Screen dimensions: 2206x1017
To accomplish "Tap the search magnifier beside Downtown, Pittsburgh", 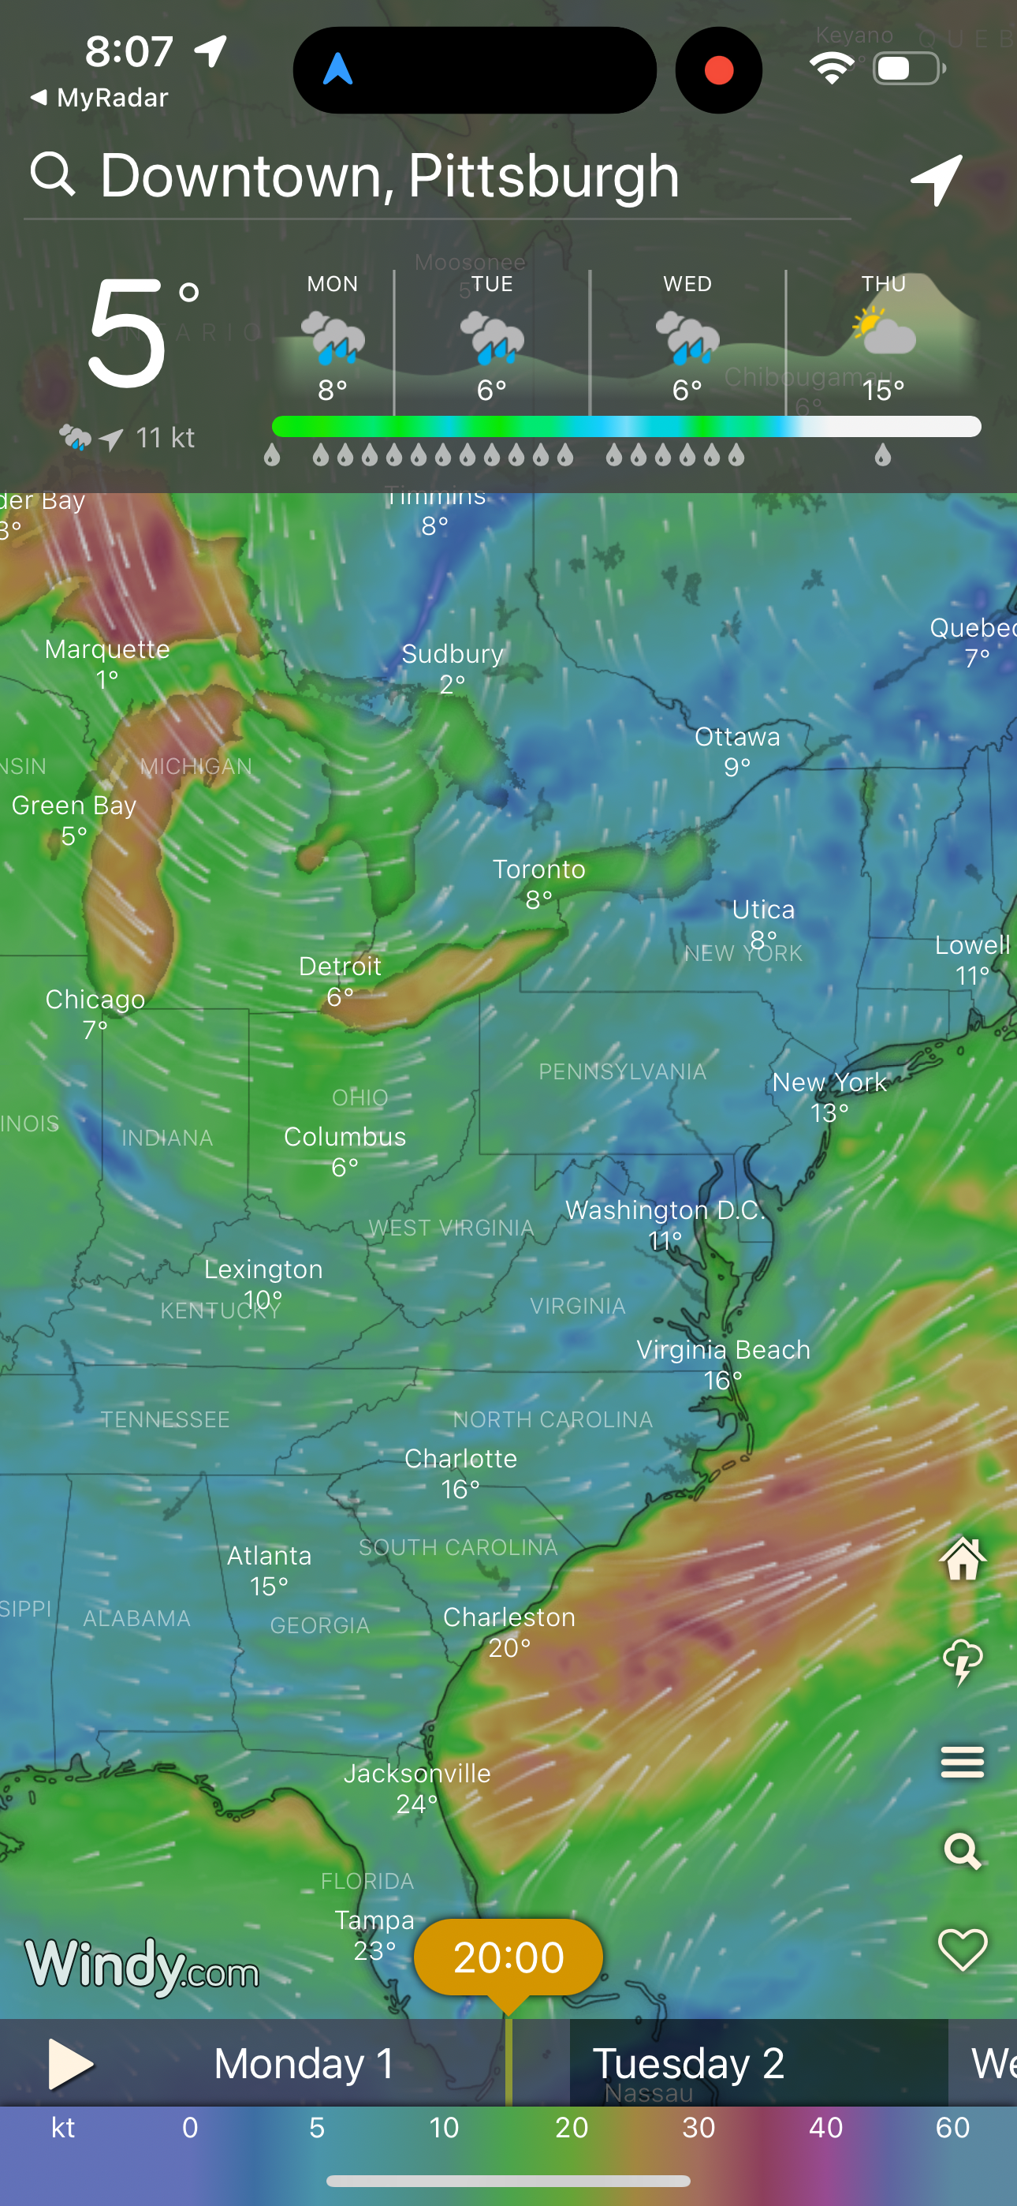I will [53, 174].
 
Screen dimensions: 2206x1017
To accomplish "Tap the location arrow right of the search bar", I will [937, 180].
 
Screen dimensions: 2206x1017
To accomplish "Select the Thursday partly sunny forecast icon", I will [884, 333].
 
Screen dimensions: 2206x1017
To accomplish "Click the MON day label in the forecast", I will [332, 284].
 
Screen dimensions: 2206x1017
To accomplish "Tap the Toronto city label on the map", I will [538, 870].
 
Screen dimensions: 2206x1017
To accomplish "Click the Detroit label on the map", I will [340, 967].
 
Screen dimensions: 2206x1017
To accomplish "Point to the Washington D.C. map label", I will [665, 1210].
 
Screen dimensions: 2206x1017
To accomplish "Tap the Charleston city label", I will [509, 1617].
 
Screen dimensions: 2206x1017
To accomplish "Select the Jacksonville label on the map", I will [417, 1774].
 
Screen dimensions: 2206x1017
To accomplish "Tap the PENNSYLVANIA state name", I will [622, 1072].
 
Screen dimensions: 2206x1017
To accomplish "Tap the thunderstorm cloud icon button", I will [963, 1662].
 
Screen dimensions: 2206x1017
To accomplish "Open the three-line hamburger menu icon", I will [963, 1763].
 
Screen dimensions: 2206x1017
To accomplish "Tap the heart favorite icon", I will [963, 1949].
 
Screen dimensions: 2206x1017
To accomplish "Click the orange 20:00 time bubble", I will [508, 1957].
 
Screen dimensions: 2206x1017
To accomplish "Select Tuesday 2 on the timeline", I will [687, 2064].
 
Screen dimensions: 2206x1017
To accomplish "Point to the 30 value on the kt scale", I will [698, 2128].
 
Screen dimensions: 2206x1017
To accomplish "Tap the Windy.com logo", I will [142, 1965].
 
